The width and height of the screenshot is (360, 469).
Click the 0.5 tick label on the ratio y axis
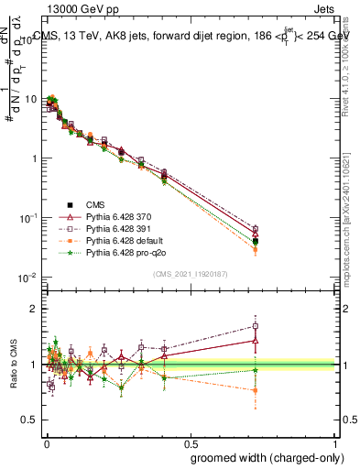point(30,420)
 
